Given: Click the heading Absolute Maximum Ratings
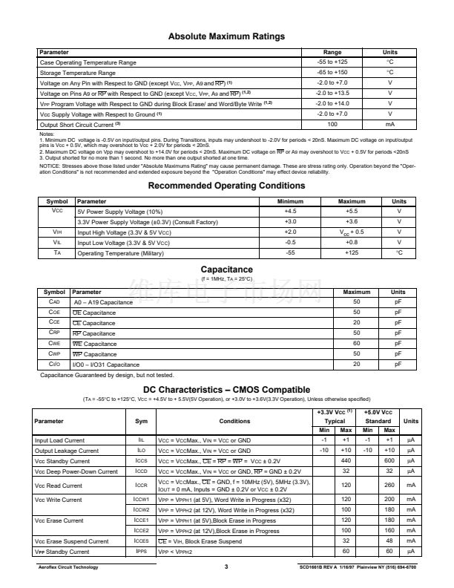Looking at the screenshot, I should pyautogui.click(x=226, y=36).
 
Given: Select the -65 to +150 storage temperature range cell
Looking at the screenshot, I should pyautogui.click(x=332, y=73).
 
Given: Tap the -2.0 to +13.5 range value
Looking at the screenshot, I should pyautogui.click(x=332, y=94).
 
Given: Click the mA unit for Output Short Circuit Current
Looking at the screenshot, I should pyautogui.click(x=390, y=125).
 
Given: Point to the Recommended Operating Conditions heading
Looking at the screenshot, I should pyautogui.click(x=226, y=186).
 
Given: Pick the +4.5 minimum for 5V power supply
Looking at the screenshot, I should pyautogui.click(x=290, y=212).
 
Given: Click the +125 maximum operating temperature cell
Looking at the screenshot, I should pyautogui.click(x=352, y=253).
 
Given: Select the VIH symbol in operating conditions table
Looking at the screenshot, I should pyautogui.click(x=56, y=232).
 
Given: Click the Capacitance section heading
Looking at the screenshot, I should pyautogui.click(x=226, y=269).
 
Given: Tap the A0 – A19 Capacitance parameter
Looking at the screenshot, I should pyautogui.click(x=102, y=303).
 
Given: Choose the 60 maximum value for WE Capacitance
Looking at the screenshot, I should pyautogui.click(x=356, y=344).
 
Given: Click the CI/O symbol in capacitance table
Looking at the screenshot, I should pyautogui.click(x=54, y=365).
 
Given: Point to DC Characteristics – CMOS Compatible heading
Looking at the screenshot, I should pyautogui.click(x=226, y=390).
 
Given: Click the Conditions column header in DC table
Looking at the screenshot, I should pyautogui.click(x=234, y=421).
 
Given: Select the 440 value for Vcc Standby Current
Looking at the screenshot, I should pyautogui.click(x=346, y=460).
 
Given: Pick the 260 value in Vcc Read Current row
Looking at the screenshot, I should pyautogui.click(x=389, y=485).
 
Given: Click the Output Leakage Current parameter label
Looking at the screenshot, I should pyautogui.click(x=67, y=451).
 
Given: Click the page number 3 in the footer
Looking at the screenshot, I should pyautogui.click(x=226, y=568).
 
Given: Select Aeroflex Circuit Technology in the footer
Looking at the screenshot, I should pyautogui.click(x=68, y=568).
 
